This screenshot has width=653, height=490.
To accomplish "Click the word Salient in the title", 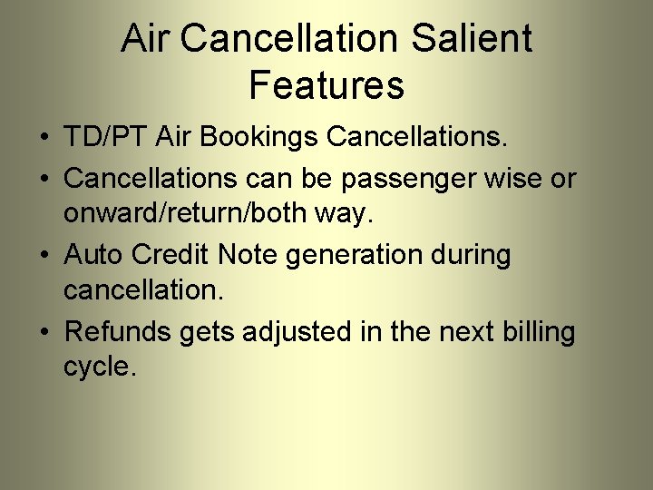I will pyautogui.click(x=472, y=39).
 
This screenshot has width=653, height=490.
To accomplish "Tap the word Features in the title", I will pyautogui.click(x=326, y=86).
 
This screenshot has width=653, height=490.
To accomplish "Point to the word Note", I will pyautogui.click(x=252, y=255).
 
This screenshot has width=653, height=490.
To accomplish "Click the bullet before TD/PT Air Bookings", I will pyautogui.click(x=44, y=139).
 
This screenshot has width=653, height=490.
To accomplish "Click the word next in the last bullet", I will pyautogui.click(x=465, y=333).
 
